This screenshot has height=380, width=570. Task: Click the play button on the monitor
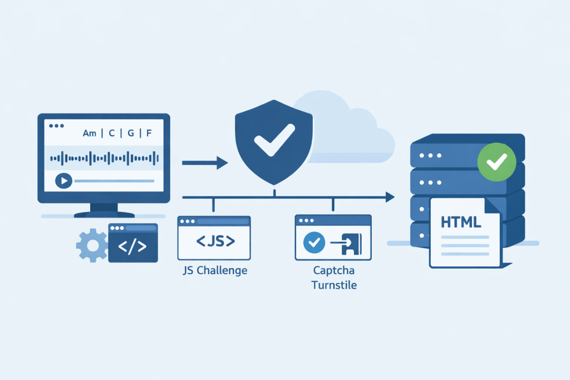click(x=63, y=181)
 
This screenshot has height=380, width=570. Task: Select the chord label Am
click(x=89, y=134)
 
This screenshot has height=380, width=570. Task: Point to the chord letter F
click(x=149, y=134)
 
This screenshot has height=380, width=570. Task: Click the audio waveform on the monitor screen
click(x=103, y=158)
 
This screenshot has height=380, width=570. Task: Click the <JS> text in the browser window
click(x=214, y=242)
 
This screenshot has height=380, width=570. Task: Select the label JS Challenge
click(x=215, y=272)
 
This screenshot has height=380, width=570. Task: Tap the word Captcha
click(x=334, y=272)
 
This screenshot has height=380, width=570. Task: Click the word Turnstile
click(x=334, y=285)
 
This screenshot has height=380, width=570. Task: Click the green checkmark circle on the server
click(x=497, y=162)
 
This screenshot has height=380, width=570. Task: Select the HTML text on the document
click(x=461, y=222)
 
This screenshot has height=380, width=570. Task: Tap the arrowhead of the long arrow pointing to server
click(x=390, y=196)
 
